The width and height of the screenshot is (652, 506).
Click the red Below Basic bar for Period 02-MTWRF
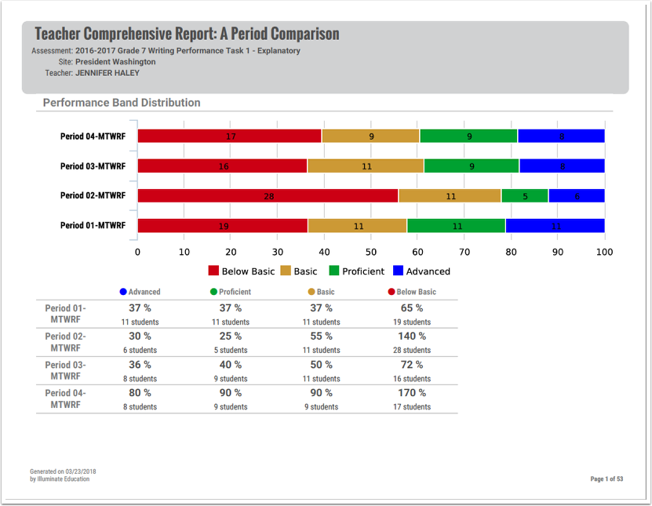(268, 196)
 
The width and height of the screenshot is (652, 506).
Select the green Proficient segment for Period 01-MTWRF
(456, 226)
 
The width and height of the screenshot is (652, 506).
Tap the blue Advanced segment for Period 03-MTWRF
(562, 166)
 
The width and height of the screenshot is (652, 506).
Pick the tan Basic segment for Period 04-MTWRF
(370, 136)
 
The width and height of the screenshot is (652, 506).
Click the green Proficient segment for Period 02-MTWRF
(525, 196)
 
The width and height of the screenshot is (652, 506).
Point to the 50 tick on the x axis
(371, 252)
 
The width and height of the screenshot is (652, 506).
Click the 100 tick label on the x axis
(604, 252)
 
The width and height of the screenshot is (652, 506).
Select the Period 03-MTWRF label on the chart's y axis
(93, 166)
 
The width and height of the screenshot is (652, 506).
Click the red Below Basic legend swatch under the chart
(213, 271)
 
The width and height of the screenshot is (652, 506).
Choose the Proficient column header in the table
(235, 292)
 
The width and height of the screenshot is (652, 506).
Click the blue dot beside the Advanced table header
(123, 292)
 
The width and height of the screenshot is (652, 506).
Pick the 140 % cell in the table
(412, 336)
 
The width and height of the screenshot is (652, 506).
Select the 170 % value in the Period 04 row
(412, 392)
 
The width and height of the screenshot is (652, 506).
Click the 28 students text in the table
(412, 350)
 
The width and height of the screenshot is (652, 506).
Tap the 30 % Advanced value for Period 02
(140, 336)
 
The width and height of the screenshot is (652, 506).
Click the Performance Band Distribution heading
(122, 103)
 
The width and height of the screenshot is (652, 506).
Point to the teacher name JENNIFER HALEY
(107, 72)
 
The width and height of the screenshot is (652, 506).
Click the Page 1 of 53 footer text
(606, 479)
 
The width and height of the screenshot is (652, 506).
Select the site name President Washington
(115, 61)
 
